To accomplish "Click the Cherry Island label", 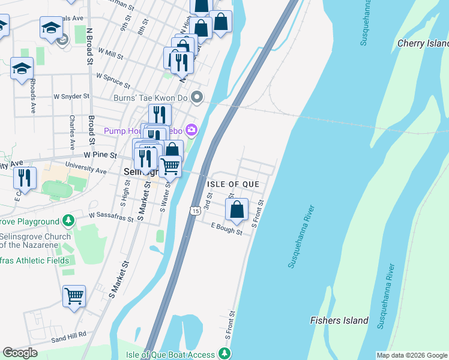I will [423, 44].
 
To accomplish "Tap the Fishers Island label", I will [339, 320].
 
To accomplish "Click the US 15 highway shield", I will [194, 211].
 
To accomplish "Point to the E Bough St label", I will [226, 229].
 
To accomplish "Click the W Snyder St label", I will [71, 96].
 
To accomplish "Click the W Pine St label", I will [100, 154].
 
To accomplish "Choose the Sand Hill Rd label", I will [68, 336].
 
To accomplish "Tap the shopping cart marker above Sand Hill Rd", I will [74, 295].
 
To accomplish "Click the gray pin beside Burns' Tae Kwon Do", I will [197, 97].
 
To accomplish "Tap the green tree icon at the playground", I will [70, 220].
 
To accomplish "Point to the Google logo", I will [20, 353].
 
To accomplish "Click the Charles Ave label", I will [72, 133].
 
